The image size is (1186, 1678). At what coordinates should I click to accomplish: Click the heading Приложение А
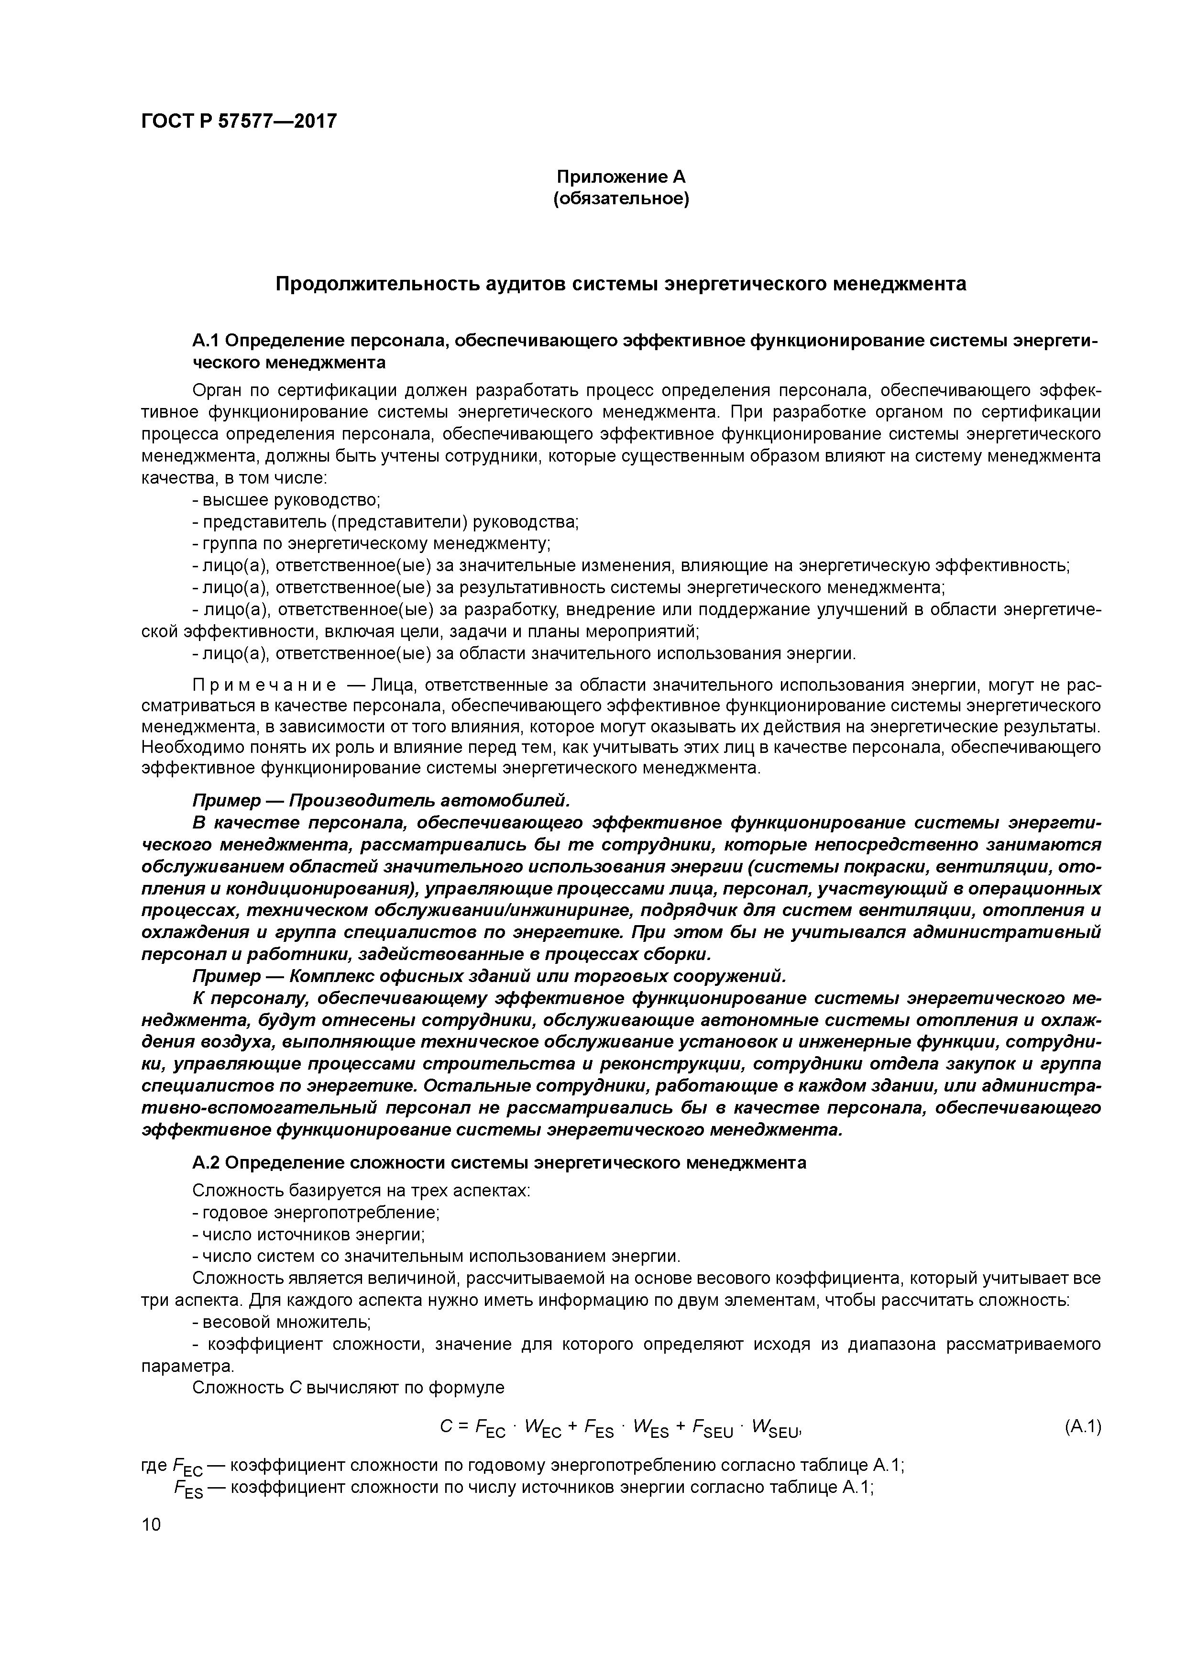click(621, 177)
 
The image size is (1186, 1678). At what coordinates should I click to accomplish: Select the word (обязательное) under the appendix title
click(621, 199)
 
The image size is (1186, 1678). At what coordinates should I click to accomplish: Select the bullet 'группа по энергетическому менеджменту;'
click(371, 544)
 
